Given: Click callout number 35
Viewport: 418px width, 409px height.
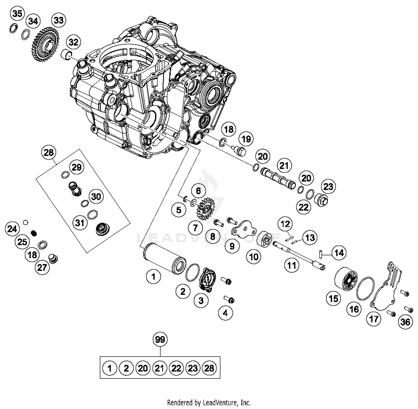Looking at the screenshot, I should click(17, 13).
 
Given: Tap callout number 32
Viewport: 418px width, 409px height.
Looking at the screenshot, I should click(74, 42).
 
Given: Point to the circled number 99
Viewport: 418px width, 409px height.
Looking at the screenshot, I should click(160, 339).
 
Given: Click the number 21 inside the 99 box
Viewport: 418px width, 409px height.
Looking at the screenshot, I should click(159, 368).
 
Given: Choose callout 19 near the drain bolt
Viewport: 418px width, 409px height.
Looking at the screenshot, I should click(246, 139).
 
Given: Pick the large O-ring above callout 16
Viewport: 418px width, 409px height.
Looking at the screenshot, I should click(366, 289).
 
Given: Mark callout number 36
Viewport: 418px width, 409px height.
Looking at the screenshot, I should click(405, 322).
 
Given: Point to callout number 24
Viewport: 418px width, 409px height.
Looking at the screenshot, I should click(12, 229).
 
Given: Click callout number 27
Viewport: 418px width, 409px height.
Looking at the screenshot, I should click(42, 267).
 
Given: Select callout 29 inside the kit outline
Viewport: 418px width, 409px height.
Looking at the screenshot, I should click(77, 167).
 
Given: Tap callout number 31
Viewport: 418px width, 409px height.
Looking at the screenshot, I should click(80, 223).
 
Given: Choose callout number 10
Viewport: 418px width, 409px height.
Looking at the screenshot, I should click(254, 257).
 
